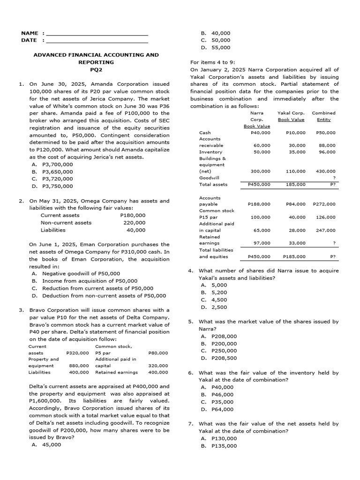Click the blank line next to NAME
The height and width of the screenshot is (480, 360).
pos(97,34)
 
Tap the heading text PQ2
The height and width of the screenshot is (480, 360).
pos(96,69)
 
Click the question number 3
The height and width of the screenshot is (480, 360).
pos(22,310)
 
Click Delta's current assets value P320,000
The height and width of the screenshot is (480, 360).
pos(77,353)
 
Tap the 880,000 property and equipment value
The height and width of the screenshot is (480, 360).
pos(79,366)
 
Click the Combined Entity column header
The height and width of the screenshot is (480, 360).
pos(323,116)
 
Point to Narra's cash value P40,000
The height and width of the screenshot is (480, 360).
pos(261,133)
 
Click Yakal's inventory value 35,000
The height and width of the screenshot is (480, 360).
pos(297,152)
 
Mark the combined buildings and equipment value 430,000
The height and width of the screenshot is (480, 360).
pos(326,172)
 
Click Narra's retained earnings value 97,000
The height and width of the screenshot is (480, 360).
pos(262,243)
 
